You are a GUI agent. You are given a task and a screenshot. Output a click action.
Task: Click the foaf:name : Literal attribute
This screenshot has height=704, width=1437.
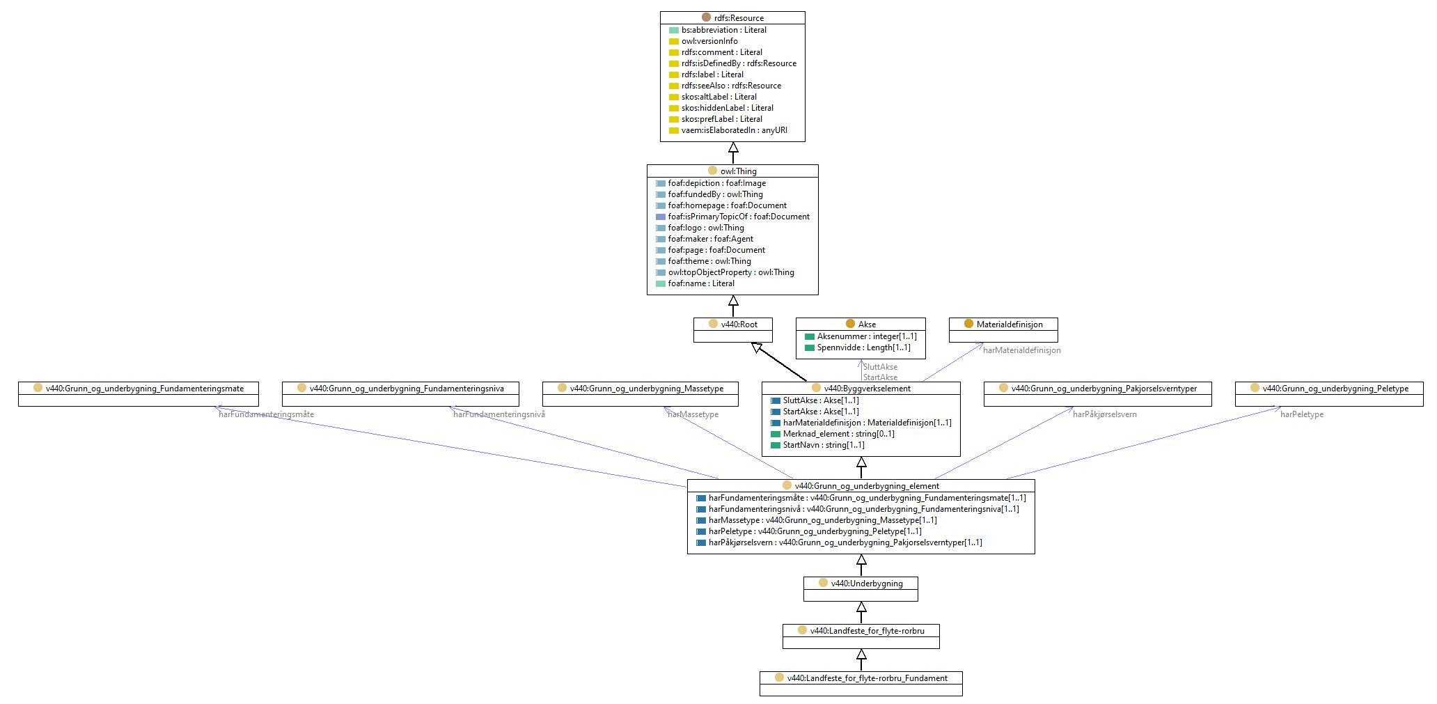(x=695, y=283)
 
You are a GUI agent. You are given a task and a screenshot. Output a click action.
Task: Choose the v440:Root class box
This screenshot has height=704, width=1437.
(x=733, y=330)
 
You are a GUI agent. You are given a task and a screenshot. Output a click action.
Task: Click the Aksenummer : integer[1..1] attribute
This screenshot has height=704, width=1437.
(x=861, y=336)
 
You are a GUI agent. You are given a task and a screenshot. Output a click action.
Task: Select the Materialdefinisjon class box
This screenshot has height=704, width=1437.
(x=1003, y=330)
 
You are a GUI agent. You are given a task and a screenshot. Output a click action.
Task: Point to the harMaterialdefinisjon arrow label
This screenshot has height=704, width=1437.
(x=1022, y=350)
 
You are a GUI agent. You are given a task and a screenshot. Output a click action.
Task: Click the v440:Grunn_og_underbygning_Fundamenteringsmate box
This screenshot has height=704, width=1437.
(x=139, y=394)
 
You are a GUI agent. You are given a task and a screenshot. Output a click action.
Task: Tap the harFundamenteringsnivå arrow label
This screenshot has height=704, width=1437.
(x=499, y=414)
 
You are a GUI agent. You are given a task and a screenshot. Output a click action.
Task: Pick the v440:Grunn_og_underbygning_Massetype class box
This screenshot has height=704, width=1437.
(x=641, y=394)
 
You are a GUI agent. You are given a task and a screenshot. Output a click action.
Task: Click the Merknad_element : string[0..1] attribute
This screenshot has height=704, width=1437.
(x=833, y=434)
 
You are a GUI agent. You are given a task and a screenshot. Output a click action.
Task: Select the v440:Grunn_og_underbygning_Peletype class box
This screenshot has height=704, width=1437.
(x=1329, y=394)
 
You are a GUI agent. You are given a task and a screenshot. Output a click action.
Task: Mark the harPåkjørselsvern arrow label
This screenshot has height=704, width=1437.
(x=1105, y=414)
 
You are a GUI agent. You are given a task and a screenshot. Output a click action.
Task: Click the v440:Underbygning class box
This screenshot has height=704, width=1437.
(x=861, y=589)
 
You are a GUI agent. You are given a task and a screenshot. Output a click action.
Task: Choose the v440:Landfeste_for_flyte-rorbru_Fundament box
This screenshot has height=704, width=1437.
(x=861, y=684)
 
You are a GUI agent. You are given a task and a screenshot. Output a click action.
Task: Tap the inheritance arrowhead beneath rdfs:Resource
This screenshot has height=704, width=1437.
(x=733, y=148)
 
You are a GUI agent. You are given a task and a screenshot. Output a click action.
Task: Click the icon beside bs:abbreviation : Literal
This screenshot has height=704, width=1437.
(x=673, y=30)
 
